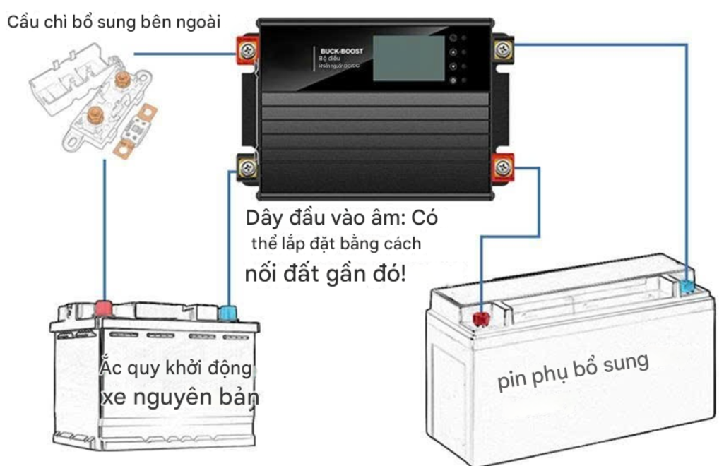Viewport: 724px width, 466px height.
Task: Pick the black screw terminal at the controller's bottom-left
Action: pyautogui.click(x=248, y=168)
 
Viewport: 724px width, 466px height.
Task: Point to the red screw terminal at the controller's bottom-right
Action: pyautogui.click(x=503, y=167)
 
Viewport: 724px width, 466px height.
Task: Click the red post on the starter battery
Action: pyautogui.click(x=104, y=308)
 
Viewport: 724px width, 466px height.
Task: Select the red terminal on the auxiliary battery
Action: pyautogui.click(x=481, y=318)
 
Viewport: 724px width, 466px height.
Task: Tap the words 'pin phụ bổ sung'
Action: pyautogui.click(x=573, y=371)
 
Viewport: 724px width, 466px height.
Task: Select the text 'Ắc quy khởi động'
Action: pyautogui.click(x=176, y=369)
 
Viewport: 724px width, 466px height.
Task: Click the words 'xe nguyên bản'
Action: pyautogui.click(x=180, y=397)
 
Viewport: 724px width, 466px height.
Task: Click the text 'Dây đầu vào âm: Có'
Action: pyautogui.click(x=342, y=217)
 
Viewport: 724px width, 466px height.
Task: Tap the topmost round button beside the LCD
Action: pyautogui.click(x=453, y=38)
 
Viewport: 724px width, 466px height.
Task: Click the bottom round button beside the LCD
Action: pyautogui.click(x=453, y=80)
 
